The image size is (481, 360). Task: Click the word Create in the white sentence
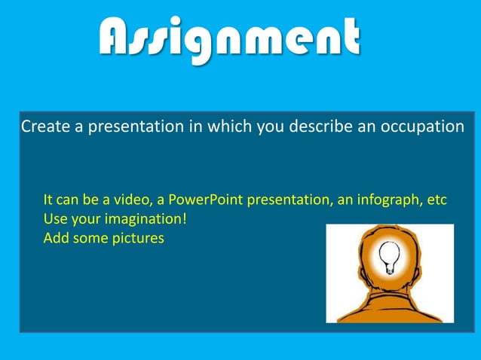point(44,126)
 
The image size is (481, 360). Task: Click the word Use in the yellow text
point(56,219)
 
